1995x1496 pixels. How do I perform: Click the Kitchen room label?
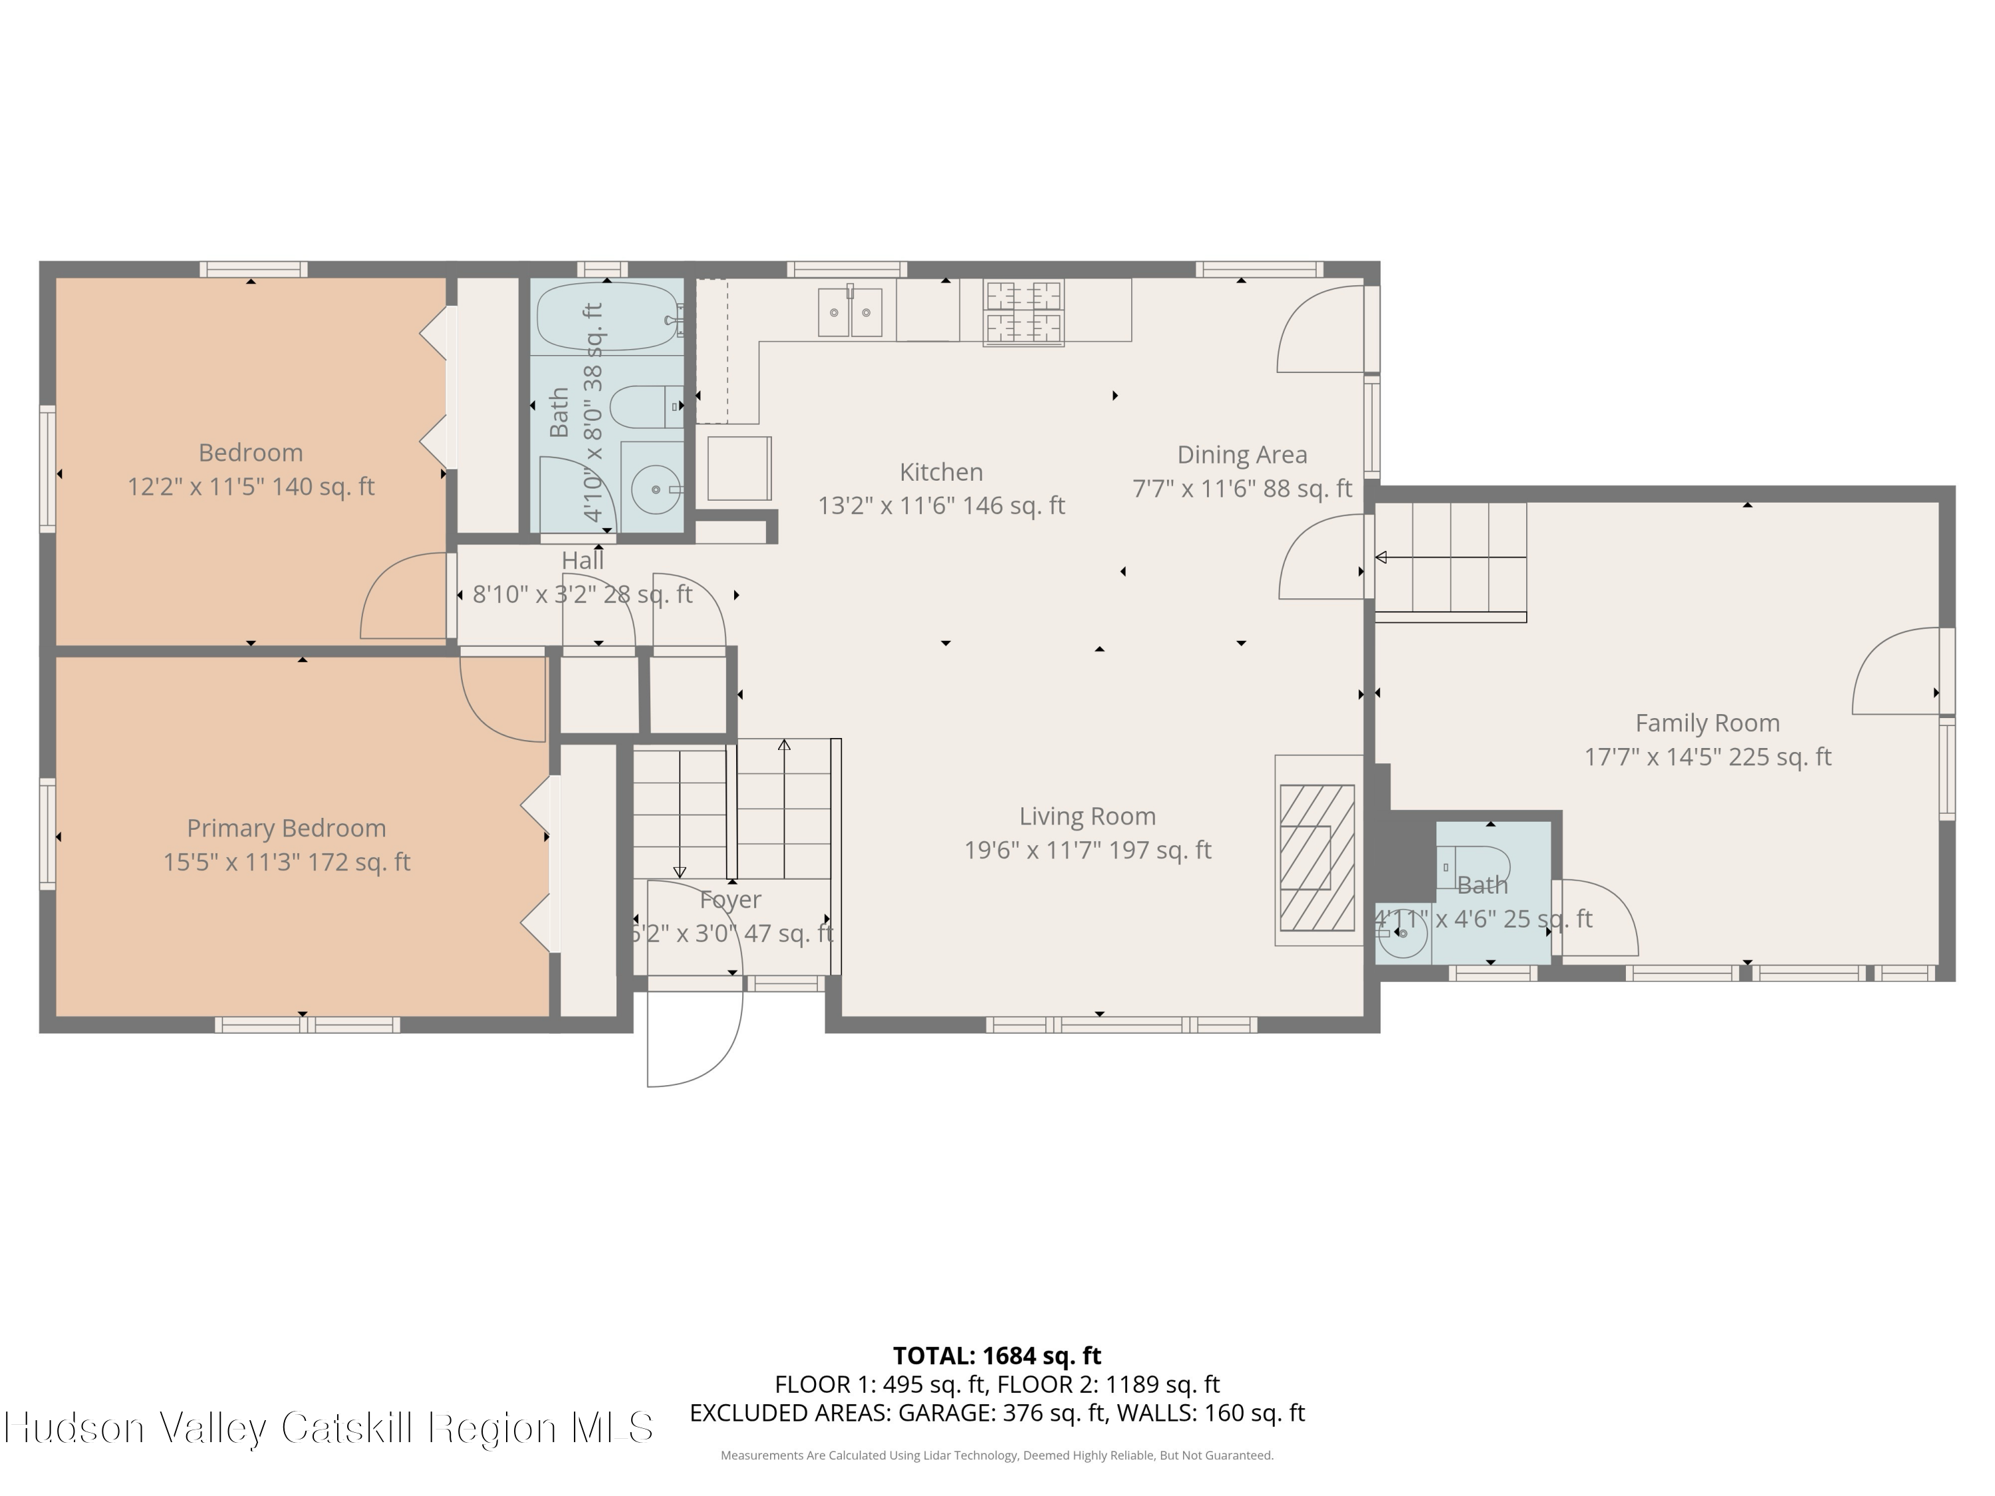coord(941,471)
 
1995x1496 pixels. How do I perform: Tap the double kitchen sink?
coord(850,312)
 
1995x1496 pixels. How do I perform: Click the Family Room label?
coord(1706,723)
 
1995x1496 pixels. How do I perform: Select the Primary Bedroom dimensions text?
coord(286,862)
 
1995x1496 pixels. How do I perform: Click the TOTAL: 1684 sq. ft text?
coord(997,1355)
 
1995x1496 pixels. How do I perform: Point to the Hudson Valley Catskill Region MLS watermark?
coord(329,1428)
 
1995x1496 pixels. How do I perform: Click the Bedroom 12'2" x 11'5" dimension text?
coord(251,487)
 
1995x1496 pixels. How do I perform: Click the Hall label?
coord(583,560)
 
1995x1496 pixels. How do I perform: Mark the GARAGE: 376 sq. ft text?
coord(1001,1412)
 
